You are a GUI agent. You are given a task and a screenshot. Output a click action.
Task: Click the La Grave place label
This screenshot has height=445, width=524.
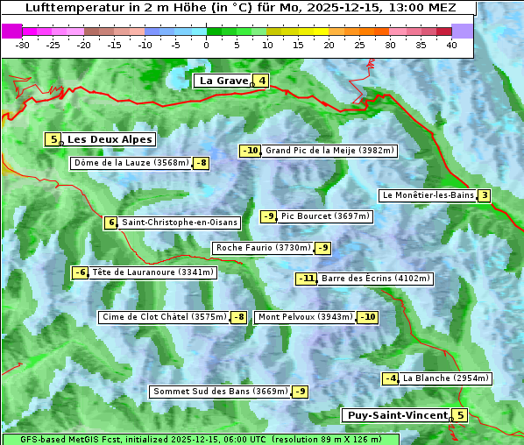223,81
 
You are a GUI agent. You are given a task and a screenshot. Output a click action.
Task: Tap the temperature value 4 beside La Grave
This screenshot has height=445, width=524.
262,81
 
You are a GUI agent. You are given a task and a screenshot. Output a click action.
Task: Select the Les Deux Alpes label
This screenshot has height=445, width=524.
110,139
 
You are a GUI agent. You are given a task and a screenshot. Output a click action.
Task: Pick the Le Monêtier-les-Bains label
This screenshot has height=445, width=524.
428,195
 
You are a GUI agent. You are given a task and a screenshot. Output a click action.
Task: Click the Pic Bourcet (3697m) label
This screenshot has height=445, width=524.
325,216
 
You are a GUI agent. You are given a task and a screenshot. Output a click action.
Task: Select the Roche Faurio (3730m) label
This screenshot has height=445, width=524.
263,248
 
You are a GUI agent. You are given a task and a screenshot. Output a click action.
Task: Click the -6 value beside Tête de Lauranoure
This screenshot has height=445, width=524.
81,272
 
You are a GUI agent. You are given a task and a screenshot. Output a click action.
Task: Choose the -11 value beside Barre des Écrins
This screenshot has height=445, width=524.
307,279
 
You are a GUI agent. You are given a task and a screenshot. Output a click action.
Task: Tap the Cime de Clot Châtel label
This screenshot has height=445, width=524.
164,317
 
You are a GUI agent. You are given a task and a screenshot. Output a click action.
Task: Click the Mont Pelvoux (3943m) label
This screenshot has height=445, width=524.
305,317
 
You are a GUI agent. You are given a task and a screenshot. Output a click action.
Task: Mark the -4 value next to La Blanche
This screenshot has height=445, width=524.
391,378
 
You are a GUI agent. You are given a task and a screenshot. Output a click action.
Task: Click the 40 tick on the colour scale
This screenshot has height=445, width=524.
451,45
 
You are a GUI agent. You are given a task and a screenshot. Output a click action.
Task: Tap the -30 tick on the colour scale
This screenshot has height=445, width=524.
23,45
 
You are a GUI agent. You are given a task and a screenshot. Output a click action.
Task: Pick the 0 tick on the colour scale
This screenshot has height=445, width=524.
206,45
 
